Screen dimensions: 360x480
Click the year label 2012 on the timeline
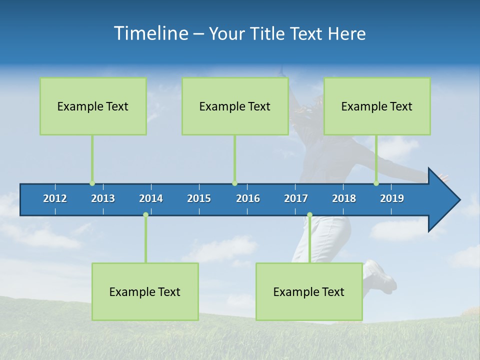click(x=55, y=198)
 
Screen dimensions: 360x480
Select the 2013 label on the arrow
click(x=103, y=198)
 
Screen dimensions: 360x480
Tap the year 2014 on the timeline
click(x=151, y=198)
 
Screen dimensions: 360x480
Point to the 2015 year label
click(x=199, y=198)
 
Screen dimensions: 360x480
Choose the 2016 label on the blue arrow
click(x=248, y=198)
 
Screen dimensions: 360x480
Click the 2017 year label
click(x=296, y=198)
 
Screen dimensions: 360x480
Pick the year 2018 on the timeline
click(x=344, y=198)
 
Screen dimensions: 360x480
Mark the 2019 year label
click(x=392, y=198)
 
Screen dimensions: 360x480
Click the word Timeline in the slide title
click(x=151, y=33)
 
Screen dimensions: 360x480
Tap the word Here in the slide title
click(x=346, y=33)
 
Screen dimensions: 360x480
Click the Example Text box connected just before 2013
click(x=93, y=106)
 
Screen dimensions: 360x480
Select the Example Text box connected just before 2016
click(x=235, y=106)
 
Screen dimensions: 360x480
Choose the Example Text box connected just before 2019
click(x=377, y=106)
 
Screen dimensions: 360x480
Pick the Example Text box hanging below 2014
click(x=145, y=291)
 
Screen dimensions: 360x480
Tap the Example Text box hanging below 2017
click(x=309, y=291)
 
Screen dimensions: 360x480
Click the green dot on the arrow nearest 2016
click(x=234, y=183)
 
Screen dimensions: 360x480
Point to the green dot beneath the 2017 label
click(x=309, y=215)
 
